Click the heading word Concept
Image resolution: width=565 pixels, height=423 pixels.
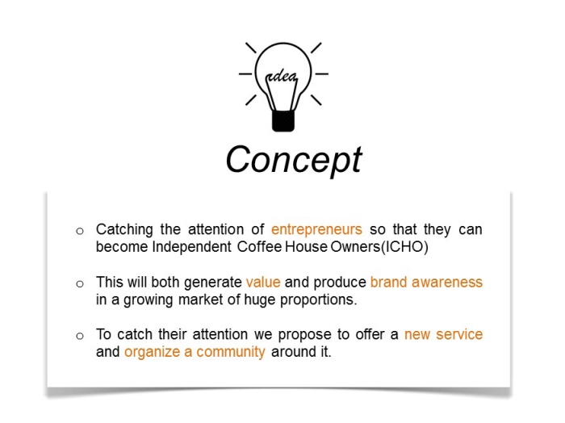[x=294, y=160]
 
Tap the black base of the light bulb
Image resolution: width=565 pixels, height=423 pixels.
[x=283, y=121]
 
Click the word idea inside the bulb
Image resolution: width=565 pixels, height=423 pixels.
[x=282, y=77]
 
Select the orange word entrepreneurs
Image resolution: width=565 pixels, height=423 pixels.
[x=316, y=229]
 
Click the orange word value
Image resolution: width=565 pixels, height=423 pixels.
[x=263, y=282]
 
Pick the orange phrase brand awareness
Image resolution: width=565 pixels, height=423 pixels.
[x=426, y=282]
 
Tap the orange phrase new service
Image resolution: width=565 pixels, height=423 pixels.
[x=443, y=334]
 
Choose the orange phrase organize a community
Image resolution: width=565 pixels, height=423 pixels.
[x=195, y=352]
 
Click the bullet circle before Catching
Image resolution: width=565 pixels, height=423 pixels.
[x=80, y=231]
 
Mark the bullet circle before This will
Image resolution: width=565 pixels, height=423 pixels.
[x=80, y=284]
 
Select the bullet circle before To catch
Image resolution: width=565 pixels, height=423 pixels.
[x=80, y=336]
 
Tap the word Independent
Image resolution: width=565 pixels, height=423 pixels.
[x=192, y=247]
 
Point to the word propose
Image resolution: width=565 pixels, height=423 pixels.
[x=304, y=335]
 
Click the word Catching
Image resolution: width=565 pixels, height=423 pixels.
[x=124, y=230]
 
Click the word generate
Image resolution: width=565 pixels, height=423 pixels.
[x=212, y=283]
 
